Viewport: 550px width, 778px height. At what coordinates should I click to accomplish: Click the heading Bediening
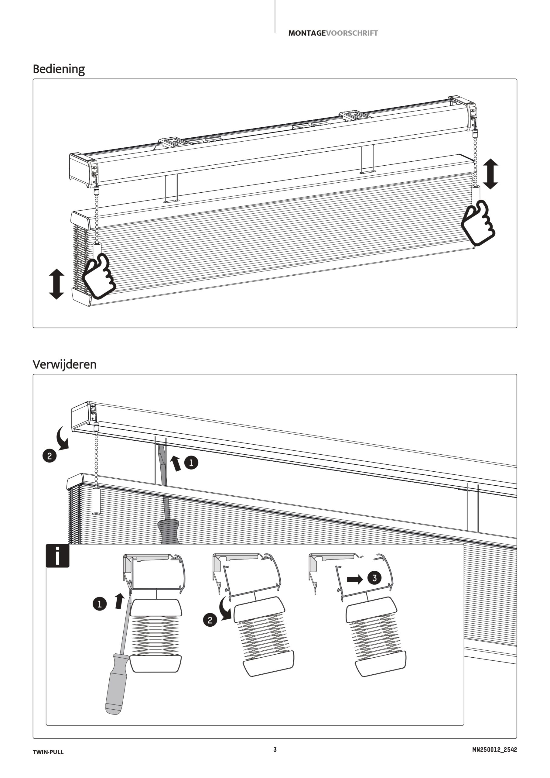click(x=59, y=69)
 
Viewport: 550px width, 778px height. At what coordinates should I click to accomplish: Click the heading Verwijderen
click(x=64, y=364)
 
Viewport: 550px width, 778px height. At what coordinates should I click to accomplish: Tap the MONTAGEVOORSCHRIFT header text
click(x=333, y=33)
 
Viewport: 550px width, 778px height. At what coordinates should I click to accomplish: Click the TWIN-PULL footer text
click(x=48, y=752)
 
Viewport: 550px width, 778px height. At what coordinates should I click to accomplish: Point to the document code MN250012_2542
click(x=494, y=749)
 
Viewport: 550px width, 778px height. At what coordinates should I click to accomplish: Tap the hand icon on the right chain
click(x=478, y=222)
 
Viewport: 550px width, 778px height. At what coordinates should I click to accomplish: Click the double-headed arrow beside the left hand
click(x=56, y=284)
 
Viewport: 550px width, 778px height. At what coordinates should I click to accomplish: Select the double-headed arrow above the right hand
click(x=490, y=174)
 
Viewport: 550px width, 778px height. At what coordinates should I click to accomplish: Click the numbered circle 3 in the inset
click(x=374, y=578)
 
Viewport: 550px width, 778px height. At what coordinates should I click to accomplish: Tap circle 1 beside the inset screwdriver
click(x=100, y=604)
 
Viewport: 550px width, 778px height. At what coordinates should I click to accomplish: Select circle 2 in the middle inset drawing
click(x=210, y=621)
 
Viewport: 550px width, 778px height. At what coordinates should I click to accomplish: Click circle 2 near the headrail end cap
click(x=50, y=456)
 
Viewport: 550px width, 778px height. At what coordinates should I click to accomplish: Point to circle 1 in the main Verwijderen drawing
click(x=191, y=463)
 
